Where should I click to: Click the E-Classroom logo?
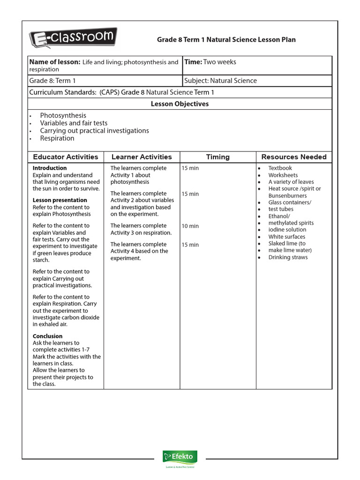click(x=73, y=37)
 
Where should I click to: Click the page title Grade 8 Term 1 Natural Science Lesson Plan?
click(x=226, y=40)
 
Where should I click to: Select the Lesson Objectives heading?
click(x=180, y=104)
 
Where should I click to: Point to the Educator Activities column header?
click(x=66, y=157)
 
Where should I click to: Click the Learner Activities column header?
click(x=142, y=157)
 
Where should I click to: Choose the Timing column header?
click(x=218, y=157)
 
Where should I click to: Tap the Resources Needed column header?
click(x=294, y=157)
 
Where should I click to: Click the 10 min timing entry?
click(x=190, y=226)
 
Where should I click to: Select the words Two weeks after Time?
click(x=220, y=62)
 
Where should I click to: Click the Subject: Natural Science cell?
click(x=221, y=81)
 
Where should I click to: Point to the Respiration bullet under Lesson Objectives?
click(x=57, y=138)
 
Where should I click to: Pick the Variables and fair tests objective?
click(x=74, y=123)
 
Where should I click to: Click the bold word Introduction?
click(x=50, y=168)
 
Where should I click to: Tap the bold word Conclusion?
click(x=47, y=336)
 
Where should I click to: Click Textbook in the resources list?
click(x=280, y=168)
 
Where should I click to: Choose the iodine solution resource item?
click(x=287, y=230)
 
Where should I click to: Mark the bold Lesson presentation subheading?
click(x=60, y=200)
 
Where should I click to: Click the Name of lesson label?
click(x=54, y=62)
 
